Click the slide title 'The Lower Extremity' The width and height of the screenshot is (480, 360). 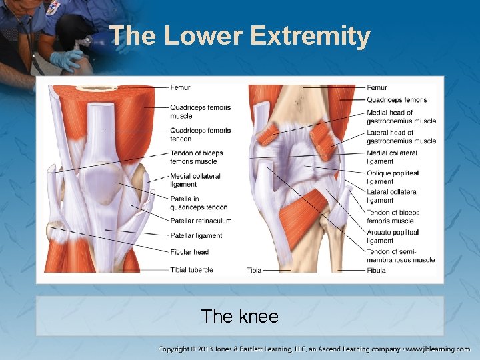[x=239, y=36]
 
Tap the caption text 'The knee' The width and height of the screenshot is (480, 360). [x=239, y=316]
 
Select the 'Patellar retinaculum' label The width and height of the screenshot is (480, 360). [x=201, y=221]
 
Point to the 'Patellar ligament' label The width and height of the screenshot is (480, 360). [x=196, y=236]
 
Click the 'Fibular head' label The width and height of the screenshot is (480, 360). [x=189, y=252]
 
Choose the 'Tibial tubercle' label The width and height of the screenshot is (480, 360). [x=191, y=270]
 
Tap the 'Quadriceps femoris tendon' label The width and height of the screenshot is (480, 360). [x=200, y=135]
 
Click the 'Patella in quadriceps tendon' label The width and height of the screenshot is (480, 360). [x=198, y=203]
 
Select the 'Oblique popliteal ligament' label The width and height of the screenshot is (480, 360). [x=393, y=177]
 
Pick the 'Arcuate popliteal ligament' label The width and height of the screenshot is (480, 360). [x=393, y=237]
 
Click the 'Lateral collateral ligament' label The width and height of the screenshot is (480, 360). [x=392, y=196]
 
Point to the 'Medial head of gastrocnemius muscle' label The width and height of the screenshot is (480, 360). [x=401, y=117]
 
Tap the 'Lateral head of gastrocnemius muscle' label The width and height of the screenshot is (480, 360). [x=401, y=137]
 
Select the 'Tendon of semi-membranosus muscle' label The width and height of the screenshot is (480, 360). [x=400, y=255]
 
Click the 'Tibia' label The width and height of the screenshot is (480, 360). [x=254, y=271]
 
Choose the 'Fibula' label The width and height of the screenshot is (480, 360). [x=376, y=271]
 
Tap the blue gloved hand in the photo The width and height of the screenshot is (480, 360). [x=67, y=60]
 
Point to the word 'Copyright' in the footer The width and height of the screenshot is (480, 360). [x=173, y=349]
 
